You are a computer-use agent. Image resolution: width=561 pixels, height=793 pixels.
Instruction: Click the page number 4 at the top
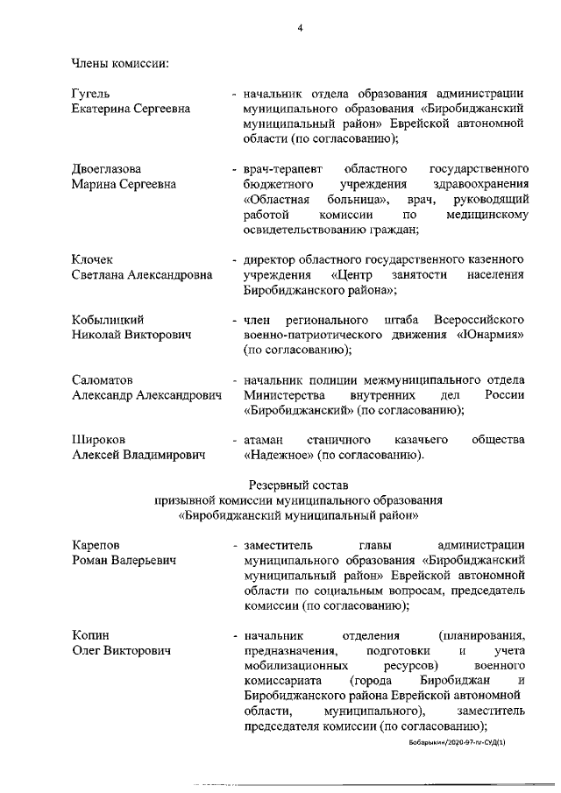tap(300, 29)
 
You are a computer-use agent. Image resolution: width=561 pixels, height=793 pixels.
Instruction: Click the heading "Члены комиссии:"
tap(120, 62)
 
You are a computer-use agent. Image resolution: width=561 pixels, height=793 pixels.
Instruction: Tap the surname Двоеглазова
tap(106, 168)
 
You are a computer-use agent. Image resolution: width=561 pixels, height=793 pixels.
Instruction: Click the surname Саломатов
tap(105, 379)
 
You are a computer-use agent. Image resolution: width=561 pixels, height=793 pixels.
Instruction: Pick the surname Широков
tap(101, 439)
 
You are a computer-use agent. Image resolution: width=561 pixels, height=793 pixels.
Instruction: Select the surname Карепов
tap(96, 545)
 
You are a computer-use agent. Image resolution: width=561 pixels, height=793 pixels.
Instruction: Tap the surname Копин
tap(90, 635)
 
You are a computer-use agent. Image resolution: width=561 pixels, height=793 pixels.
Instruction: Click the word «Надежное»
tap(278, 455)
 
